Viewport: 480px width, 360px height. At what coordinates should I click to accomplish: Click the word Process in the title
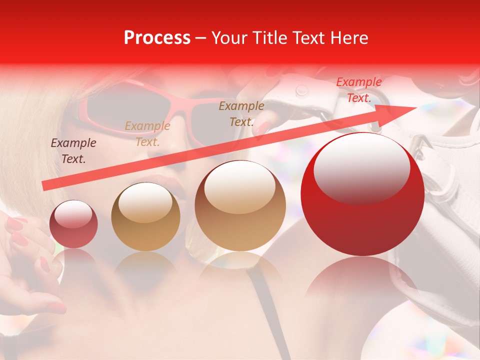pos(157,38)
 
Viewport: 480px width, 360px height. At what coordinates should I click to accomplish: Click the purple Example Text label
pos(73,151)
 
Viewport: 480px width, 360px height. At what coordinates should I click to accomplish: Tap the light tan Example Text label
pos(147,134)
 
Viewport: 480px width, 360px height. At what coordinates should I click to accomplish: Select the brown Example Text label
pos(241,114)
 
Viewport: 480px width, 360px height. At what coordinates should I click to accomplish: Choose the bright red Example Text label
pos(358,90)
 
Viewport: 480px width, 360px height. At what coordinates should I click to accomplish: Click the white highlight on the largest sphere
pos(361,167)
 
